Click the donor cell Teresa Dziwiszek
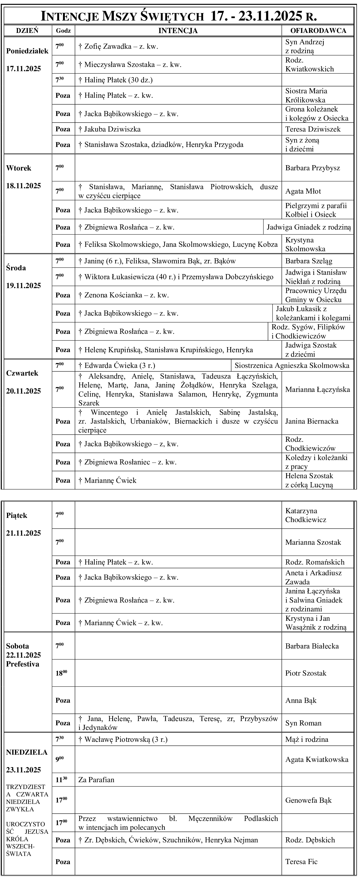point(313,129)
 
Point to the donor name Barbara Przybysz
point(313,168)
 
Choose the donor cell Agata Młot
point(303,191)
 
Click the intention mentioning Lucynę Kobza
point(178,244)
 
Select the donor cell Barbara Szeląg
point(308,261)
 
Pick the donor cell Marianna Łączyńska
point(317,389)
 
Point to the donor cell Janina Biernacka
point(311,421)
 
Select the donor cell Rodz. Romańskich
point(315,562)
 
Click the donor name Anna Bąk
point(301,700)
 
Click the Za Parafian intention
point(96,780)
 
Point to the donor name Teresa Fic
point(301,862)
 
